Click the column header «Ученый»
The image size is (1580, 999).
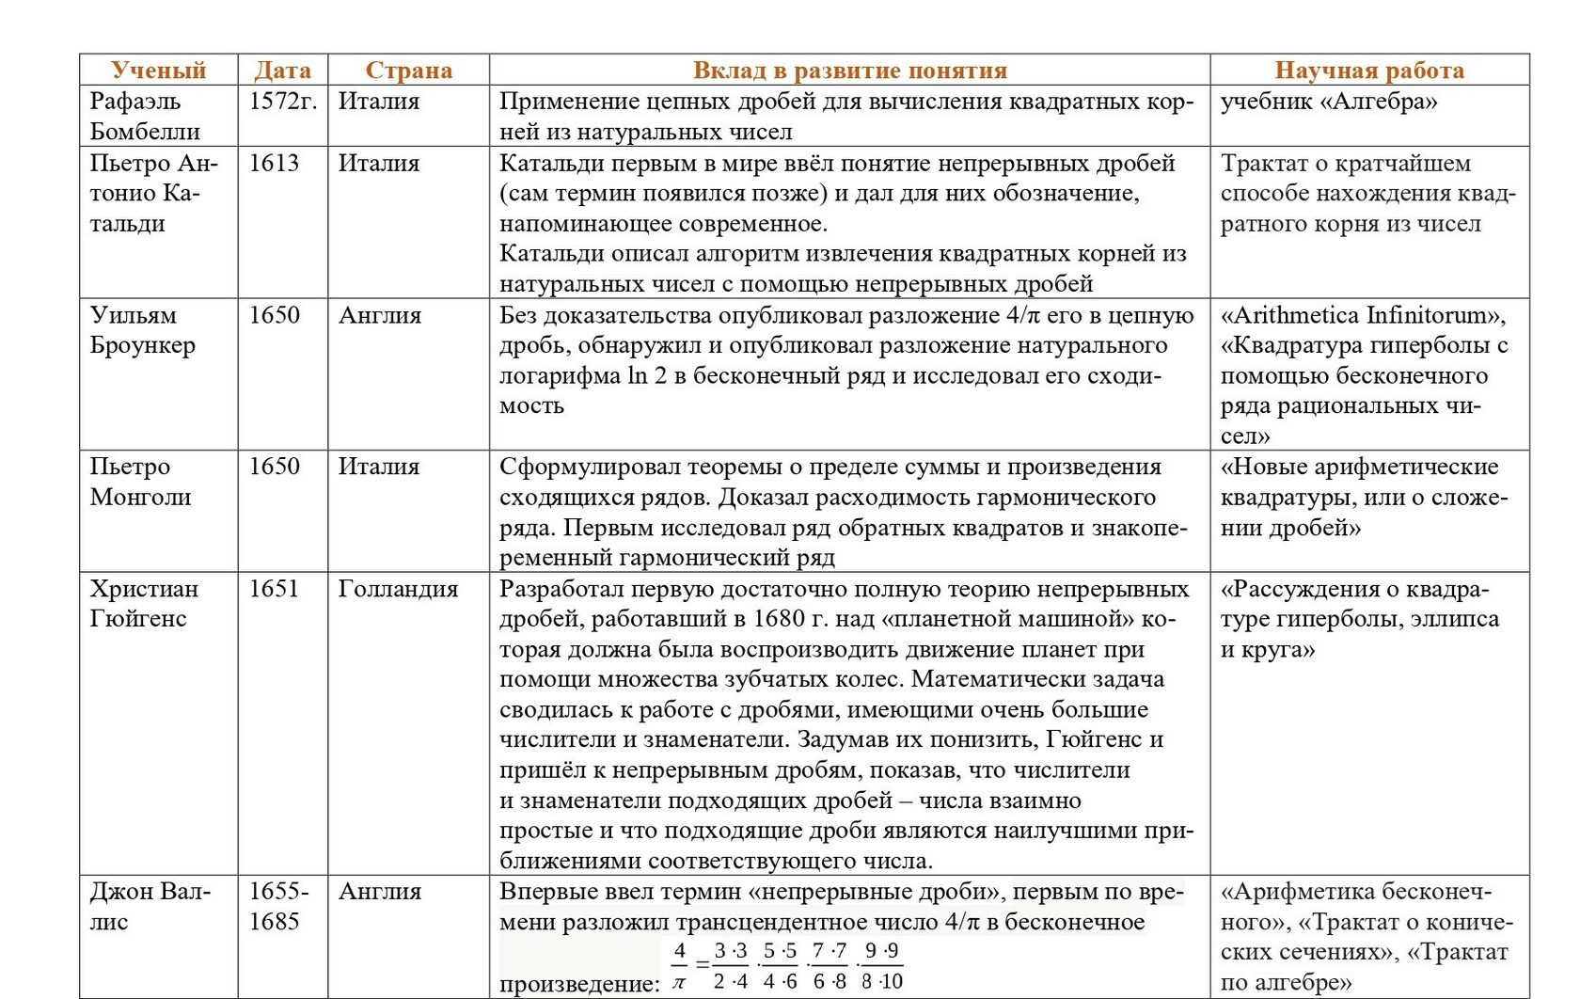(x=158, y=71)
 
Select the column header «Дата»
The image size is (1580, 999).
(x=282, y=71)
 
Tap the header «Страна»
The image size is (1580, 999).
(x=408, y=71)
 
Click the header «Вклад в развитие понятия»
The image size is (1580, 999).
(x=849, y=71)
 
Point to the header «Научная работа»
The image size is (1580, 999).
(x=1368, y=71)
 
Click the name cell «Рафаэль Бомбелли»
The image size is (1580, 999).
(x=145, y=116)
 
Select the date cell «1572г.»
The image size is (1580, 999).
(x=282, y=102)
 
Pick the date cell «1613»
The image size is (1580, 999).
(x=274, y=163)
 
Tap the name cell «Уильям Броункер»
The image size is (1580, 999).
(x=142, y=330)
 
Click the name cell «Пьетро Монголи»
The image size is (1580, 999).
(x=140, y=482)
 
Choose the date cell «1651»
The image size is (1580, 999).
(x=274, y=589)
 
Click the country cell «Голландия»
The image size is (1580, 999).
(x=398, y=589)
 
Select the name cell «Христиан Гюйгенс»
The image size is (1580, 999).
(x=144, y=603)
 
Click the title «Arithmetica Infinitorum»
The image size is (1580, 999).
(x=1362, y=315)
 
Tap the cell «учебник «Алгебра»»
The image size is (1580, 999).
(x=1328, y=102)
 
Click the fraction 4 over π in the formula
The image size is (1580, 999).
(x=679, y=966)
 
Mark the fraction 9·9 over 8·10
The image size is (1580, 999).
(x=881, y=966)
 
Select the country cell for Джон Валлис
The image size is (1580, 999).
(x=380, y=892)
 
